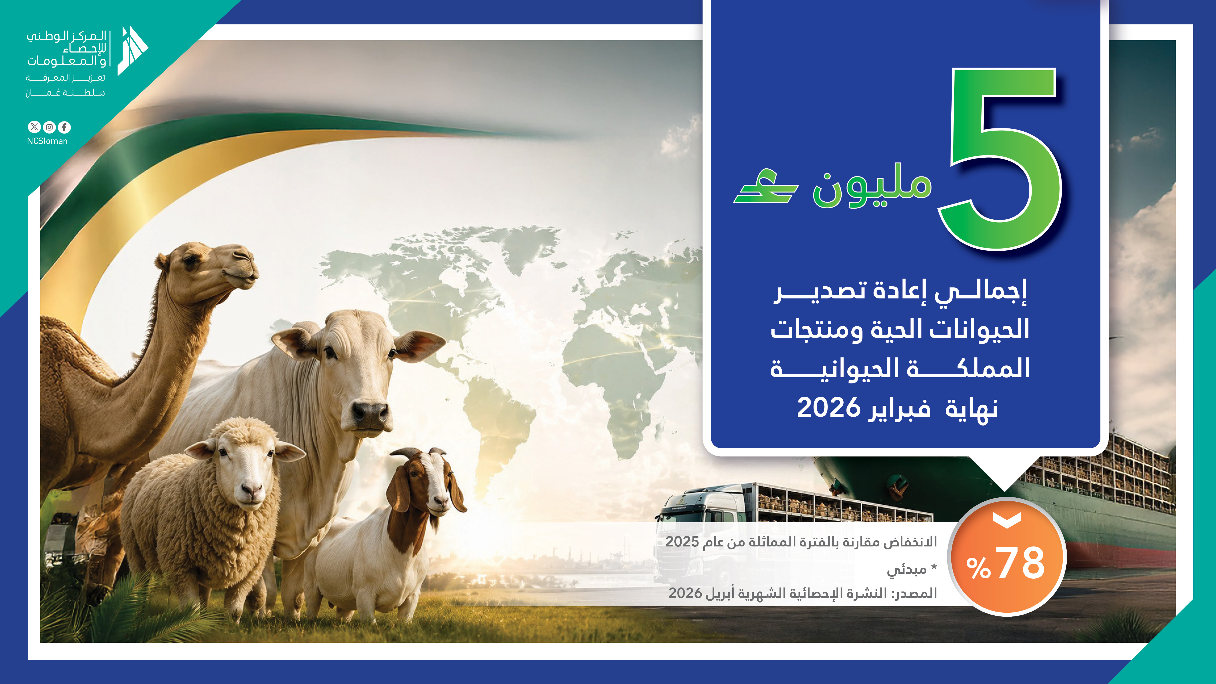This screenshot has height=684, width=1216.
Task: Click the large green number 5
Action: [x=1001, y=161]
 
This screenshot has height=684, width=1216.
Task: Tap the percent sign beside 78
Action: [x=978, y=568]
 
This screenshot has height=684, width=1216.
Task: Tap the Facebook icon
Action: [x=64, y=127]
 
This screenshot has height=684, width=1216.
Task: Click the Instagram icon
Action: [x=49, y=127]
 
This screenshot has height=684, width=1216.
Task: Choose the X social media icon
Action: [x=34, y=127]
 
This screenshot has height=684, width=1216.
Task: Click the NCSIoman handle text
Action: [x=47, y=141]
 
